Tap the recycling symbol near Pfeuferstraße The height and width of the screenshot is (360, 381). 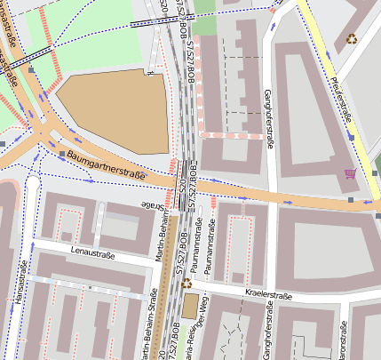pyautogui.click(x=353, y=38)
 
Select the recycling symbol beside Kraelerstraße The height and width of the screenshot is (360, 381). pyautogui.click(x=187, y=284)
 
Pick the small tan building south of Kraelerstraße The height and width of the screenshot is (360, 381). pyautogui.click(x=190, y=308)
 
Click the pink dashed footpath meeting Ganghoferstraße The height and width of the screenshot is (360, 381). pyautogui.click(x=231, y=135)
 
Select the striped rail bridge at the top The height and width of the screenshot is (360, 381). pyautogui.click(x=147, y=23)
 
